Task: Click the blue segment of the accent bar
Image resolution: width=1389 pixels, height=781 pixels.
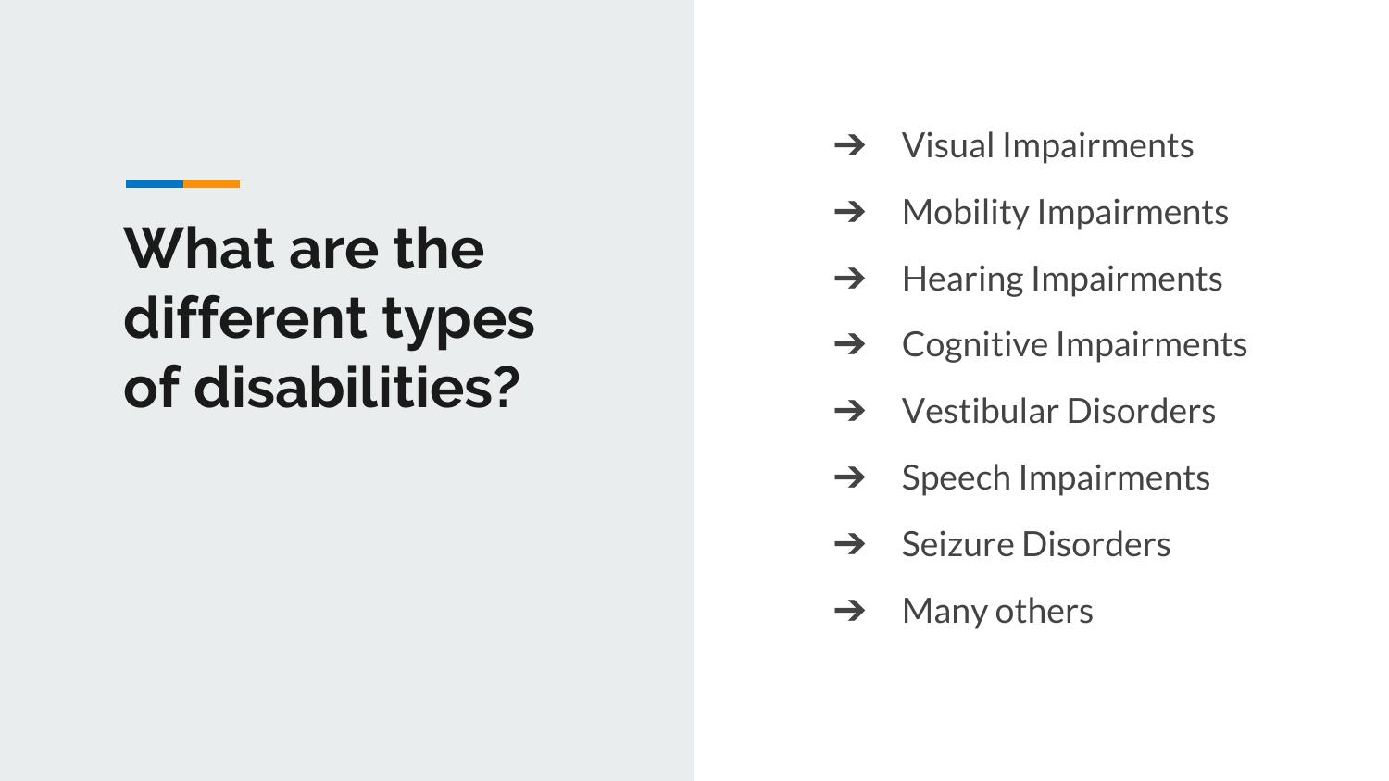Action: point(155,184)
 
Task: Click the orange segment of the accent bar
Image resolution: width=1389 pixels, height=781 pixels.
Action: point(211,184)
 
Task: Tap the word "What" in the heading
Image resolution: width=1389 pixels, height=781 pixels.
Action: point(199,249)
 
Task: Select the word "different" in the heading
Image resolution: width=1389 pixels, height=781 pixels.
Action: point(245,318)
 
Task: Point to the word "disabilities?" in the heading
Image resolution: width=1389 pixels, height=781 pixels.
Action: point(357,387)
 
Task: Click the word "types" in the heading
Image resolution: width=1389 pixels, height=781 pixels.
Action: point(458,322)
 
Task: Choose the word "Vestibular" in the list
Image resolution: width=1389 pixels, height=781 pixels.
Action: point(980,411)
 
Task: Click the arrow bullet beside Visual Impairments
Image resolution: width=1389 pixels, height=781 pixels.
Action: point(849,145)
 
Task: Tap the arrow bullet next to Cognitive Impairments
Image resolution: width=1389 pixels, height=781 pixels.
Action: point(849,344)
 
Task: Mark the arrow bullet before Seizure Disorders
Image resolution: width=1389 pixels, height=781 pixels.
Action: point(849,543)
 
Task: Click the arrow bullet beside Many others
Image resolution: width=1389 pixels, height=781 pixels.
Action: point(849,611)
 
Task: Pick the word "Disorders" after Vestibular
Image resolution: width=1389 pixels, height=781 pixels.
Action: point(1141,411)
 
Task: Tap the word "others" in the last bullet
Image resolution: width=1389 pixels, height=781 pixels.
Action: point(1045,611)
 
